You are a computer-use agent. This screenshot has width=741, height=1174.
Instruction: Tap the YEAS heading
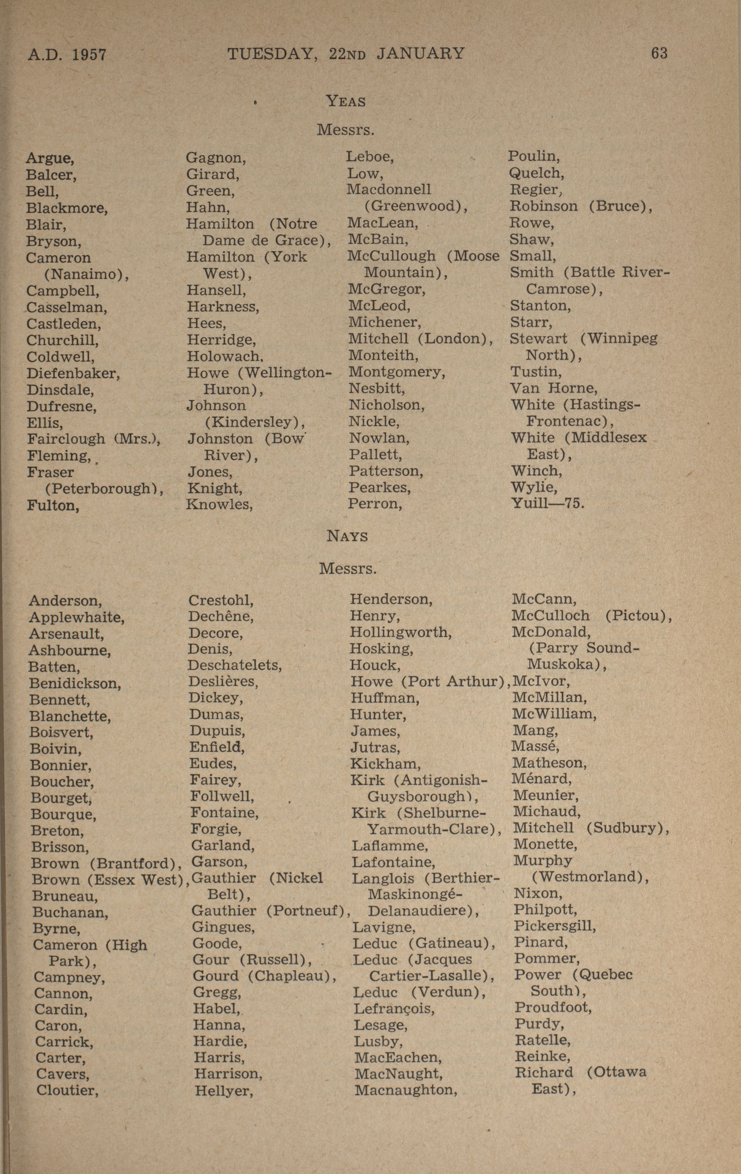click(x=346, y=101)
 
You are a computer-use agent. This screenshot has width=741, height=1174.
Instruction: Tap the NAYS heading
click(x=347, y=536)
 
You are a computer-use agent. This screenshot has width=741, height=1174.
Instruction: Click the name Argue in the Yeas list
click(x=50, y=158)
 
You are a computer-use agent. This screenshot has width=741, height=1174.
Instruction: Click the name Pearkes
click(x=380, y=487)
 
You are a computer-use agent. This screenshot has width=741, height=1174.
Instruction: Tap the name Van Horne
click(x=554, y=388)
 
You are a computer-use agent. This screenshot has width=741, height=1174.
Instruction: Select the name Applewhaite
click(x=77, y=617)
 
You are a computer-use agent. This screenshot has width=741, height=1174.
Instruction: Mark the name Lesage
click(x=380, y=1025)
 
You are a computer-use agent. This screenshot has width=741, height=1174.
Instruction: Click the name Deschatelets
click(x=235, y=665)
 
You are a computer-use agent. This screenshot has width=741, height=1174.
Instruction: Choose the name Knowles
click(x=219, y=504)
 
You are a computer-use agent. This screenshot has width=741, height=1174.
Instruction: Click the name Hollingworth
click(x=401, y=633)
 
